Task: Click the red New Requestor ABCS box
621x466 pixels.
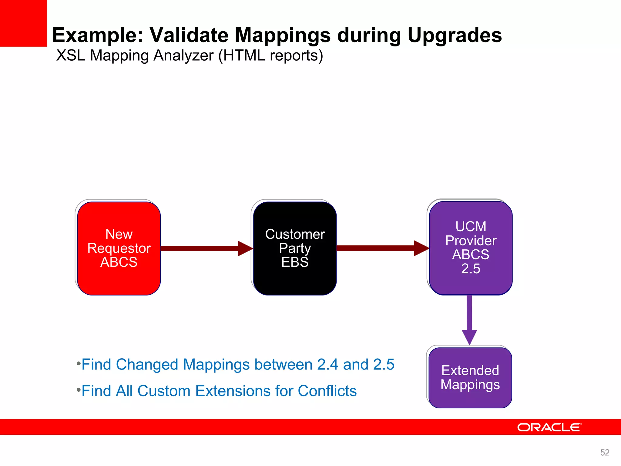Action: pyautogui.click(x=119, y=248)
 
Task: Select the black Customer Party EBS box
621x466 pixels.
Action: pyautogui.click(x=295, y=248)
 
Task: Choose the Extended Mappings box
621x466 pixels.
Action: pyautogui.click(x=470, y=377)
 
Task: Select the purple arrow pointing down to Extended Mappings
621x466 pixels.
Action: pyautogui.click(x=469, y=319)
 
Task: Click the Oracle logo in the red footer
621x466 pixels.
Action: pyautogui.click(x=549, y=427)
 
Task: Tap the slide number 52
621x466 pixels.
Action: pyautogui.click(x=605, y=452)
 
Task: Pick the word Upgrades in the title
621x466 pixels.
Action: pyautogui.click(x=455, y=35)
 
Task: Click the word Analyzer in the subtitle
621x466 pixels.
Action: pyautogui.click(x=183, y=56)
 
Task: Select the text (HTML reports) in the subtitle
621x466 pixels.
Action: pyautogui.click(x=270, y=56)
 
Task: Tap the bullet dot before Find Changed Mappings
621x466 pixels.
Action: pyautogui.click(x=79, y=363)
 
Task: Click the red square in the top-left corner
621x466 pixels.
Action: pyautogui.click(x=23, y=23)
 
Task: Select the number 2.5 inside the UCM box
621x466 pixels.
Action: pyautogui.click(x=471, y=268)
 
